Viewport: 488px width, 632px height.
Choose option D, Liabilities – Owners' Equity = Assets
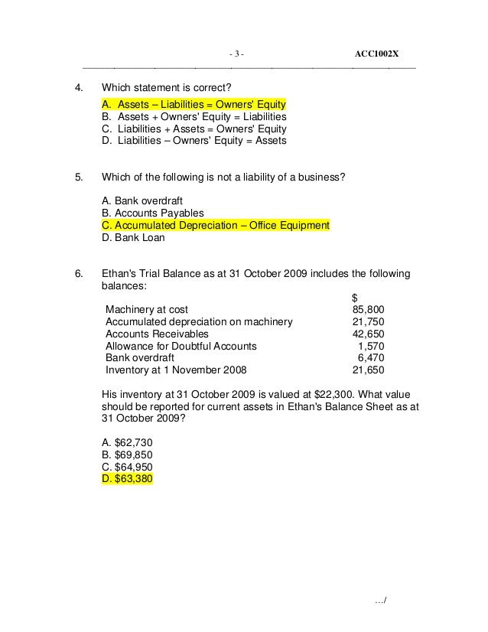coord(194,141)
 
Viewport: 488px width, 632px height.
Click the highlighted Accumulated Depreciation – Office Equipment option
coord(215,225)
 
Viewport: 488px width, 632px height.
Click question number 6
coord(78,273)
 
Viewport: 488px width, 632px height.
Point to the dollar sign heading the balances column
coord(353,298)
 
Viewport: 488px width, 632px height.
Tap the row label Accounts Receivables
coord(156,334)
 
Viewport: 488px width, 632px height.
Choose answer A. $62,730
coord(126,442)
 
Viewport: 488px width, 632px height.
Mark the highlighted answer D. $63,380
coord(127,479)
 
